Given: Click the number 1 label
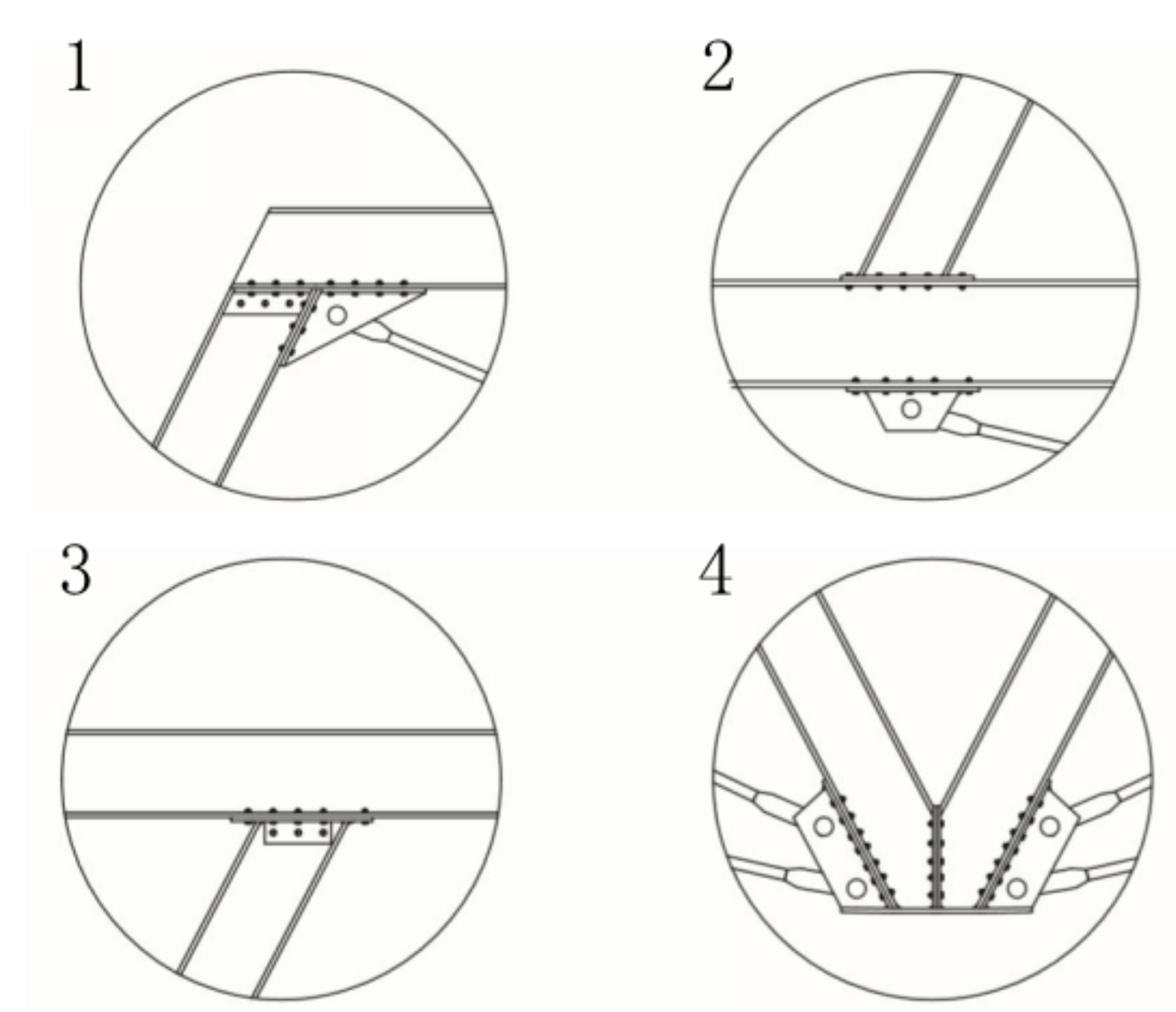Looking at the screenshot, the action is point(79,65).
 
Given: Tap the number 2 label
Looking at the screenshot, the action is point(719,67).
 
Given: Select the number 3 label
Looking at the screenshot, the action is point(76,569).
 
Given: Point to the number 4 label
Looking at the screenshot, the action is point(715,569).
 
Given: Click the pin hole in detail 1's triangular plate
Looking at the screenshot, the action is point(337,315).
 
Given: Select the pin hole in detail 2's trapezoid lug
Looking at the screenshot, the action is point(911,408).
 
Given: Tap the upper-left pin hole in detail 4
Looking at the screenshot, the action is point(824,826).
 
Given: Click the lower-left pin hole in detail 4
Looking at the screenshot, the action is point(857,888).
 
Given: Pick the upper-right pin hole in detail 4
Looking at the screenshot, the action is point(1050,826).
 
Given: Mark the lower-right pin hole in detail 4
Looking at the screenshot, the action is point(1016,888).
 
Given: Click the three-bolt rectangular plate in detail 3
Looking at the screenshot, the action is point(298,833).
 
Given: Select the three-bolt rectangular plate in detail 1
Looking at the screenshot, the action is point(266,303).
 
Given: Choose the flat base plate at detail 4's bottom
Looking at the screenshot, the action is point(936,910).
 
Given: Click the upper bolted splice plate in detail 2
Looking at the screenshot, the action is point(907,281).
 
